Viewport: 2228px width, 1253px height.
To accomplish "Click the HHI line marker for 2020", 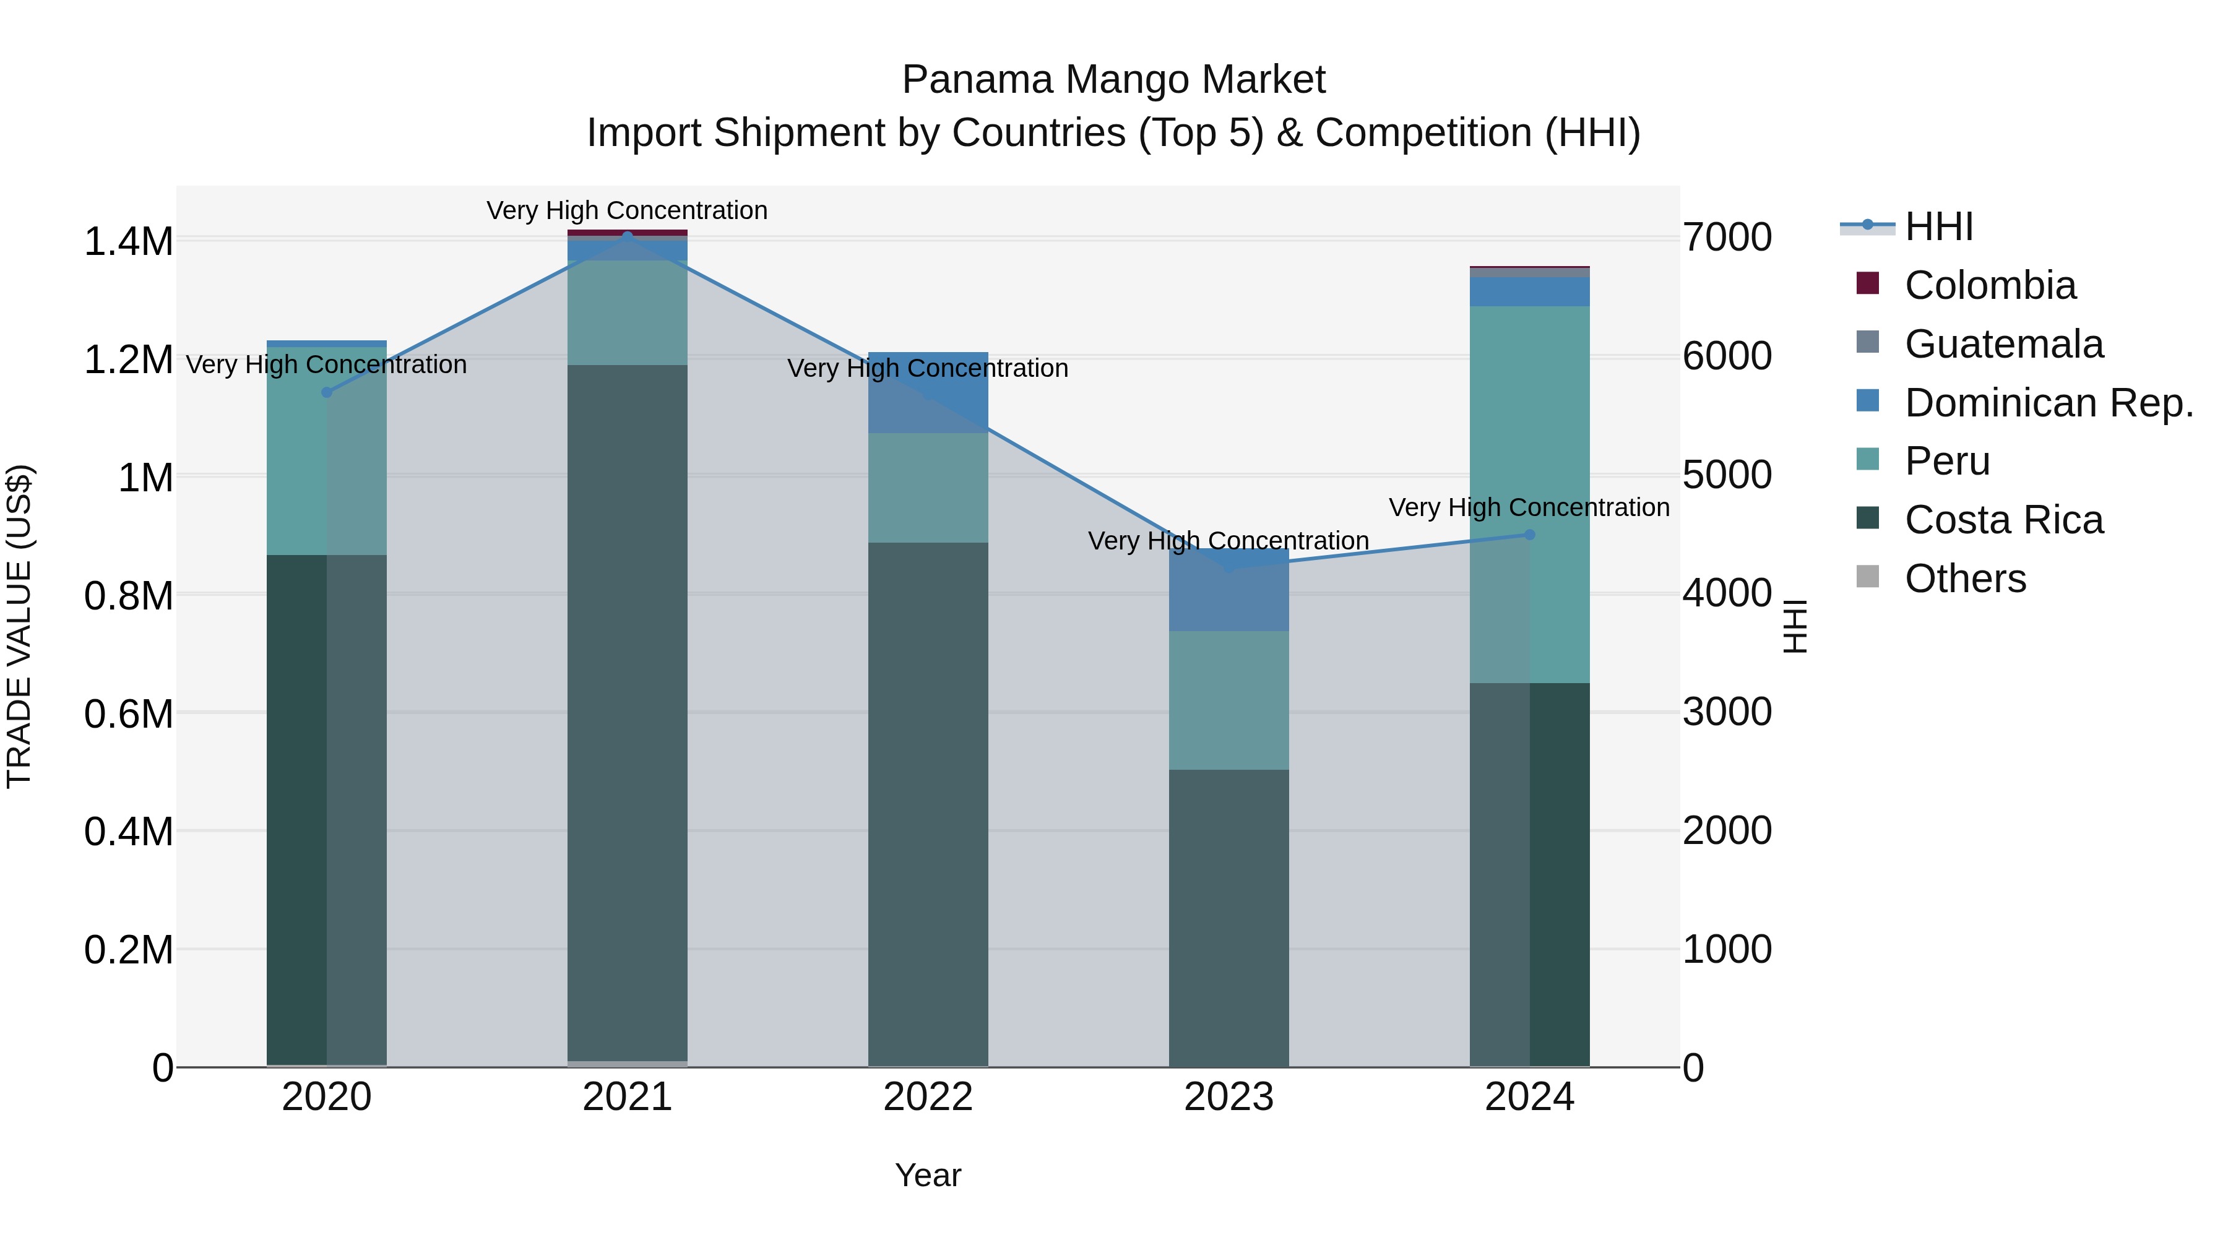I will [x=327, y=392].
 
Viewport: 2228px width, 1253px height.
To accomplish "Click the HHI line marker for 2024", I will [x=1529, y=535].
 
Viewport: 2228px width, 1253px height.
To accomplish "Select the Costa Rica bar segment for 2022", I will [x=928, y=804].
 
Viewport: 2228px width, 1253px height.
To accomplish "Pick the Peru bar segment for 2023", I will [x=1229, y=700].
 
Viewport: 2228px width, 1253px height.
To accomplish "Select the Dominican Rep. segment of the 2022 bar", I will [x=928, y=394].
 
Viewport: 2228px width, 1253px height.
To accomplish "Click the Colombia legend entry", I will [x=1989, y=285].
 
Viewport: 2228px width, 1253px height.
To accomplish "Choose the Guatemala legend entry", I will [x=2003, y=344].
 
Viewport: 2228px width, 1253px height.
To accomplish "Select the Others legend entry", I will [x=1965, y=579].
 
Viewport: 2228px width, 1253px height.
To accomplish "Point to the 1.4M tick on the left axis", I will [x=128, y=241].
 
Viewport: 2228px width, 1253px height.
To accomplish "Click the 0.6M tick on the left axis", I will [x=128, y=714].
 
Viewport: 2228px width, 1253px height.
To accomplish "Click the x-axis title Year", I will [x=928, y=1175].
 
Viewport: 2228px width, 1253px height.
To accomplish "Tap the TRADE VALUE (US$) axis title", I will [x=19, y=626].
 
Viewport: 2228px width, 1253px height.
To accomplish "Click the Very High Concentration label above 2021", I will [x=627, y=210].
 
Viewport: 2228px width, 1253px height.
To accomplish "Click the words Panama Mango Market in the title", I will [x=1113, y=80].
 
